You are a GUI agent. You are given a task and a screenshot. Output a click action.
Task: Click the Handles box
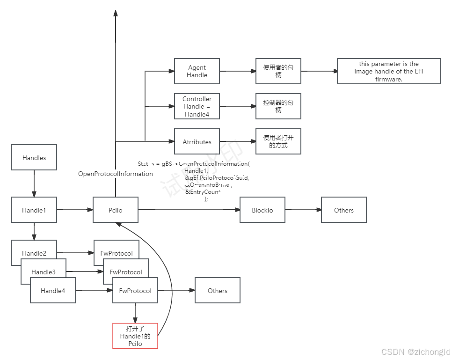pos(34,158)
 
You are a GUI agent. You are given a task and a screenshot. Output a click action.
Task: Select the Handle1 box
pos(34,210)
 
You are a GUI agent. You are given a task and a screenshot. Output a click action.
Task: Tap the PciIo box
pos(116,210)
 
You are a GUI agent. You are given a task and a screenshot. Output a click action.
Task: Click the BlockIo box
pos(262,210)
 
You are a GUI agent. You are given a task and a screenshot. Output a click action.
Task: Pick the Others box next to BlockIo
pos(344,210)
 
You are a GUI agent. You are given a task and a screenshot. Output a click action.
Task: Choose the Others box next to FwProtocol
pos(218,291)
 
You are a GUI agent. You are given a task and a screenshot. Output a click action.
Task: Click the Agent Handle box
pos(197,71)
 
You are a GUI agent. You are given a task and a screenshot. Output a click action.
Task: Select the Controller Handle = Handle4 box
pos(197,107)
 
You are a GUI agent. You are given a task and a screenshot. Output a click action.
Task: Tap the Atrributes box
pos(197,142)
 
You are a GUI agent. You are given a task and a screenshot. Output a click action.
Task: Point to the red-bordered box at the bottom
pos(135,336)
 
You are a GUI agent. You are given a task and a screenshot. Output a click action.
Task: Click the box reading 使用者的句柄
pos(278,71)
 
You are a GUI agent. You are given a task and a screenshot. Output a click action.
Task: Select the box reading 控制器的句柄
pos(278,107)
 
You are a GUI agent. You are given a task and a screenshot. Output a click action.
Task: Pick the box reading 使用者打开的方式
pos(278,142)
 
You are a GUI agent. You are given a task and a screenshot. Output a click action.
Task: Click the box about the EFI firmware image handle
pos(389,71)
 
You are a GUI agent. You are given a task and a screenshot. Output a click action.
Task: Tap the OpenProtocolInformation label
pos(116,174)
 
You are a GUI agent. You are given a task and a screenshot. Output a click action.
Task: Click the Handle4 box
pos(53,291)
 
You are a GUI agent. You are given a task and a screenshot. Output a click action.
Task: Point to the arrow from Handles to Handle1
pos(34,184)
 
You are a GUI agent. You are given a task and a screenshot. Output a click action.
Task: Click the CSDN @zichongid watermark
pos(415,351)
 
